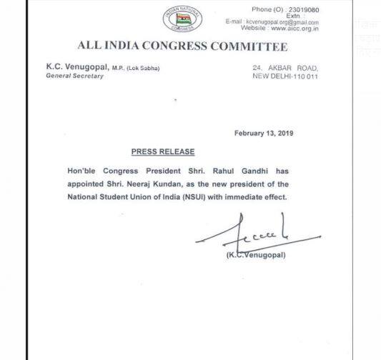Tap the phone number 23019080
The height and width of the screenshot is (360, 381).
pyautogui.click(x=303, y=9)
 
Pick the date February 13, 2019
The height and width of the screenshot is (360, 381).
pyautogui.click(x=263, y=134)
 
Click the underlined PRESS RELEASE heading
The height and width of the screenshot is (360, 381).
pyautogui.click(x=162, y=152)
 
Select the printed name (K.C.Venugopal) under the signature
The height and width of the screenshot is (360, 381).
pyautogui.click(x=256, y=255)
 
